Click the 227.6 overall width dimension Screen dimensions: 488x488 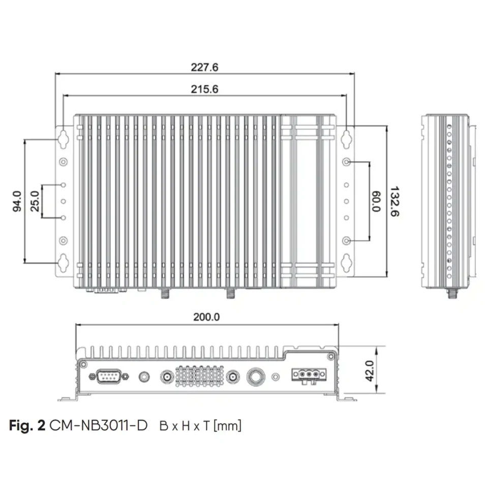click(204, 67)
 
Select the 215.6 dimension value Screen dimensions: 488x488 click(204, 89)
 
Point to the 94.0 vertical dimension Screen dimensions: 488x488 click(17, 201)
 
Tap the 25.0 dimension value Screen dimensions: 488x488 click(35, 201)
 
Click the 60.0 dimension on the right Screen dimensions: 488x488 click(376, 201)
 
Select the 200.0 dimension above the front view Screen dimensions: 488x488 click(206, 317)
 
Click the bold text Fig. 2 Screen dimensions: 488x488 click(27, 425)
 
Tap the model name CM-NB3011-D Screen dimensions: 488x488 click(99, 425)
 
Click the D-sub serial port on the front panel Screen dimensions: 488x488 click(106, 377)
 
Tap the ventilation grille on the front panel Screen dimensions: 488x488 click(199, 377)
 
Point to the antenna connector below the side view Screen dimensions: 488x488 click(450, 293)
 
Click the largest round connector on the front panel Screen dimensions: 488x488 click(255, 377)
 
